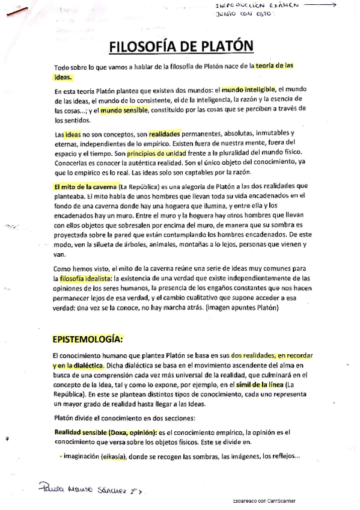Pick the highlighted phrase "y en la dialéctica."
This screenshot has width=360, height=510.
coord(78,365)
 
